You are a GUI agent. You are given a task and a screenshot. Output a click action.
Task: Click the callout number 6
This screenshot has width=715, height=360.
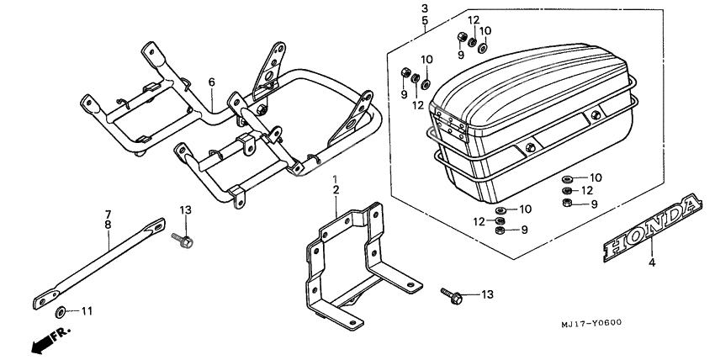pyautogui.click(x=212, y=82)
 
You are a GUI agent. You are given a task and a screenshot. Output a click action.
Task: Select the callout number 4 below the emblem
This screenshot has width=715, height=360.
pyautogui.click(x=650, y=262)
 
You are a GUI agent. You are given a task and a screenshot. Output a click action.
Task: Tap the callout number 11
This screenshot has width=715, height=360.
pyautogui.click(x=87, y=311)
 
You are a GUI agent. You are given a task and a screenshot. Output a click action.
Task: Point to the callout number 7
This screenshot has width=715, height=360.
pyautogui.click(x=108, y=213)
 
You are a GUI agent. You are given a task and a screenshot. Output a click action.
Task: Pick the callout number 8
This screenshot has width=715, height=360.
pyautogui.click(x=108, y=225)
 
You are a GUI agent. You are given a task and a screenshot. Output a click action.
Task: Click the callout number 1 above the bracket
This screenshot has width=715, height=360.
pyautogui.click(x=335, y=180)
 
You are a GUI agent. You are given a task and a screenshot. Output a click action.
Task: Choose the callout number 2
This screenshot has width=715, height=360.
pyautogui.click(x=335, y=192)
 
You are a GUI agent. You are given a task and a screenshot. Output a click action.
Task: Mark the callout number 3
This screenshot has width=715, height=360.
pyautogui.click(x=425, y=8)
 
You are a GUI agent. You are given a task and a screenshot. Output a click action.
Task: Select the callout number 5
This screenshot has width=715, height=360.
pyautogui.click(x=425, y=19)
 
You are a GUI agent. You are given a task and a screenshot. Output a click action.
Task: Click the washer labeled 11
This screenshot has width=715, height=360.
pyautogui.click(x=61, y=311)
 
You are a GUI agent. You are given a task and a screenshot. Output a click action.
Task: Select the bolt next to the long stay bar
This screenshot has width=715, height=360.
pyautogui.click(x=183, y=241)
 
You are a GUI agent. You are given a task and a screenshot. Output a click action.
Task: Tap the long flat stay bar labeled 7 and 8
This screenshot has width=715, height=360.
pyautogui.click(x=101, y=261)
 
